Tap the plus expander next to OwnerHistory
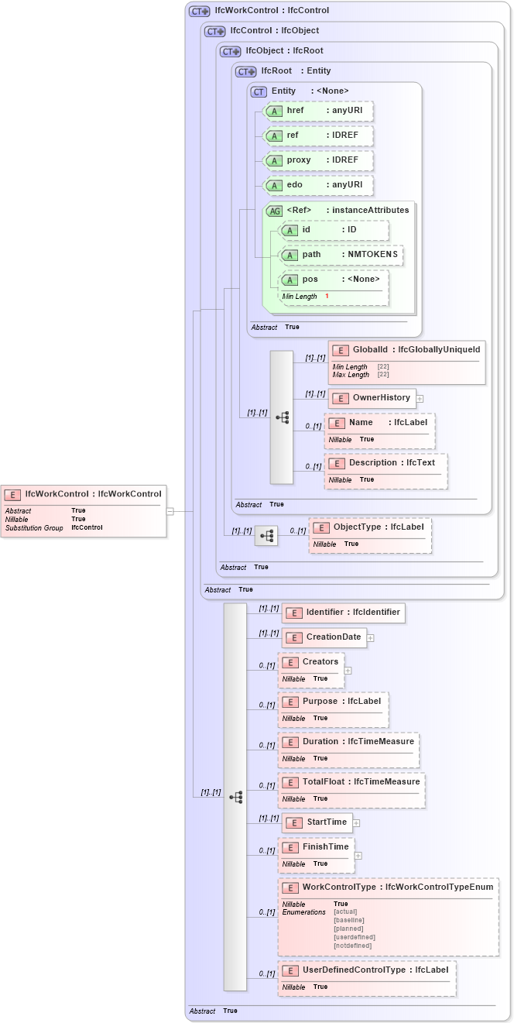click(420, 399)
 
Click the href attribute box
click(318, 111)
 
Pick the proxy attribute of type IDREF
click(318, 160)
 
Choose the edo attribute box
click(318, 185)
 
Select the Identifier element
click(343, 613)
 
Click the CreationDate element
click(324, 637)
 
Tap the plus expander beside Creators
click(348, 671)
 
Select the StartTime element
click(317, 822)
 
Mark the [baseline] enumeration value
click(348, 920)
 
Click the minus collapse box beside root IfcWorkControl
click(170, 511)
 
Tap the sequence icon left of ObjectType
click(266, 535)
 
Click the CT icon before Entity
click(259, 91)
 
